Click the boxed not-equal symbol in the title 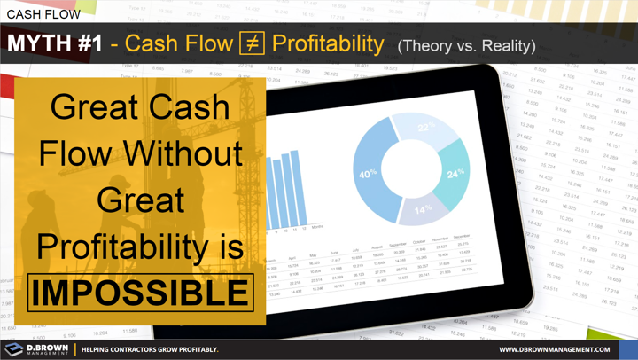click(252, 43)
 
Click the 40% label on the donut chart click(368, 174)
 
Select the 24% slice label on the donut click(455, 173)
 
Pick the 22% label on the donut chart click(426, 129)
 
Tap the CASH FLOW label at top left click(43, 14)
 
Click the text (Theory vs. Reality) click(466, 45)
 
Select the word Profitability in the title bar click(328, 43)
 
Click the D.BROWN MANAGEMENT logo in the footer click(35, 348)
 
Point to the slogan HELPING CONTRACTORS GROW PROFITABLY click(150, 349)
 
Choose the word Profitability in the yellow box click(140, 247)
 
